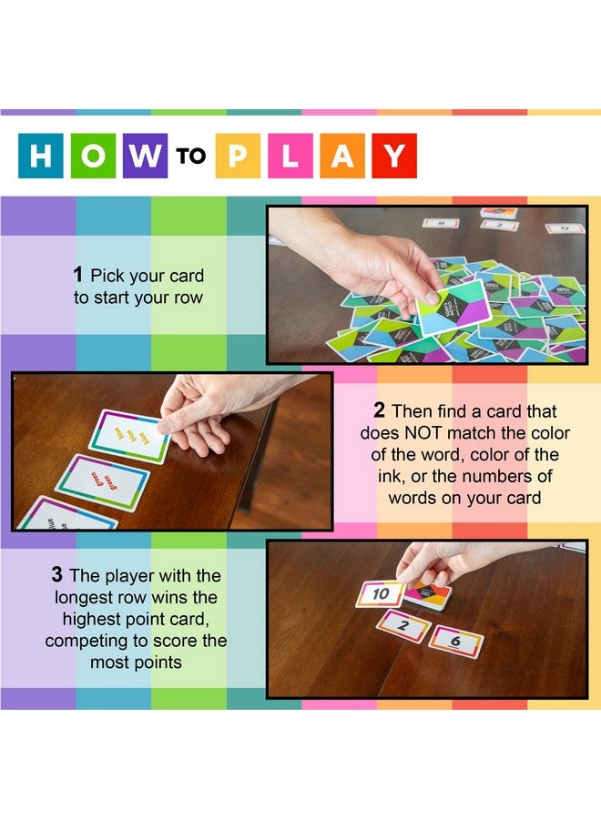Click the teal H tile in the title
(41, 156)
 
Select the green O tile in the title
(93, 156)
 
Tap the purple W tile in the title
(145, 156)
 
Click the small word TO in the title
(191, 157)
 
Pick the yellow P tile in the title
(238, 156)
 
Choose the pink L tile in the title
(290, 156)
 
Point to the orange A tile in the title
(341, 156)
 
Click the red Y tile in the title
(393, 156)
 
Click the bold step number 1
(78, 275)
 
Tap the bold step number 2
(379, 411)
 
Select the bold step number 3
(56, 576)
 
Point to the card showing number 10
(381, 594)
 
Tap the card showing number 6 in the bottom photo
(455, 641)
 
